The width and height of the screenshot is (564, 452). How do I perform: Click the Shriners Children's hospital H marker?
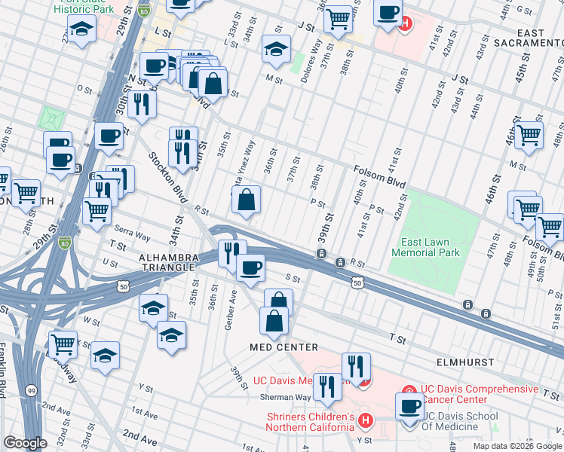366,420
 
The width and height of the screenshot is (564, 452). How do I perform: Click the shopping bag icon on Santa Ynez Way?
247,200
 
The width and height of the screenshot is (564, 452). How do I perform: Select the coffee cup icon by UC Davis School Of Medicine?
410,407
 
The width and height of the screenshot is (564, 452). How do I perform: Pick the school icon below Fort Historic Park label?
81,30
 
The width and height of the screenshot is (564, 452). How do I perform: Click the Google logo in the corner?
24,443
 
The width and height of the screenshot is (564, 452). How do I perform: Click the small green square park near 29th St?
52,118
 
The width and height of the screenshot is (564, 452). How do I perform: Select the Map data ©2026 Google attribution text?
516,445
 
